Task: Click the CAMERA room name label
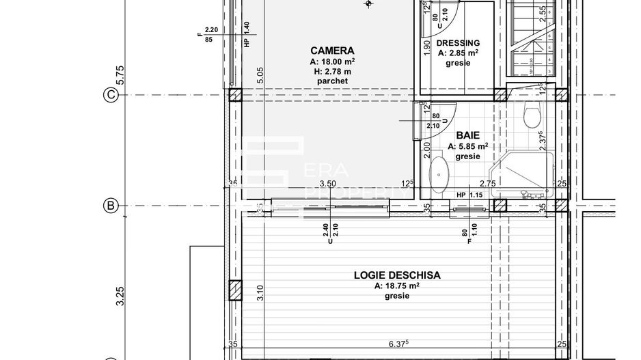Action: [332, 51]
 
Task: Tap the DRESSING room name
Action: [458, 42]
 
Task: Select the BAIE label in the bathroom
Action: [467, 136]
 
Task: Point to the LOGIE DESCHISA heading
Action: [396, 275]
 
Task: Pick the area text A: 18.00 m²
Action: [332, 61]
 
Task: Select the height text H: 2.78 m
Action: [332, 71]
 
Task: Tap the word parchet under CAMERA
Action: [332, 81]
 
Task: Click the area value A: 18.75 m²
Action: [396, 286]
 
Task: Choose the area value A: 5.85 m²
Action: [467, 146]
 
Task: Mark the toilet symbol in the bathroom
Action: [532, 117]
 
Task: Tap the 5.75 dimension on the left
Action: [120, 75]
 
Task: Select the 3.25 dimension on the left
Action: [120, 295]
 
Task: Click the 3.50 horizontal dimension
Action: [328, 184]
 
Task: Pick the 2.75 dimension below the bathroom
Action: [487, 184]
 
